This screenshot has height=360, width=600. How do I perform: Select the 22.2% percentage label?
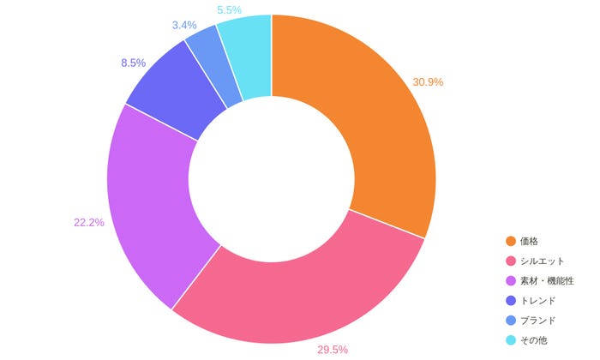(x=89, y=222)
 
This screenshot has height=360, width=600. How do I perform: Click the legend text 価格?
(x=530, y=241)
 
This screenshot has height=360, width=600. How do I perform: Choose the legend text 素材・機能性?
(x=549, y=280)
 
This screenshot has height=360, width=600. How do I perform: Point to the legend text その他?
(x=535, y=339)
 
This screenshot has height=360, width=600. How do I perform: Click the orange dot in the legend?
(x=511, y=241)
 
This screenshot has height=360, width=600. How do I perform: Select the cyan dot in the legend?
(x=511, y=339)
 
